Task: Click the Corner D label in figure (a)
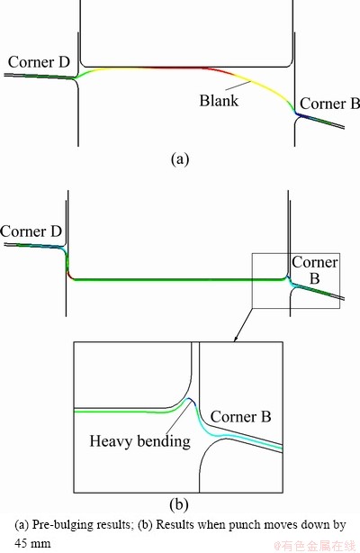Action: (39, 62)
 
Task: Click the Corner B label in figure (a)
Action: (329, 104)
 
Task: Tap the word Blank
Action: (219, 101)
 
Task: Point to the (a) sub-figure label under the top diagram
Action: (180, 159)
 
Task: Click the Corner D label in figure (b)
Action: (31, 231)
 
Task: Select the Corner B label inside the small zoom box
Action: (314, 270)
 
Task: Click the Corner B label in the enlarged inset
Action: (241, 417)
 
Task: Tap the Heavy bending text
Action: (140, 441)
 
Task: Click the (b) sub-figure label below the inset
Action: (179, 505)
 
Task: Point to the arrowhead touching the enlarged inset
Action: (236, 339)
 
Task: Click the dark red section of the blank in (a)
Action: (184, 68)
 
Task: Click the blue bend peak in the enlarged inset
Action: (191, 399)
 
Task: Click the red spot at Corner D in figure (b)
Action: (70, 277)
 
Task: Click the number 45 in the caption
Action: (20, 542)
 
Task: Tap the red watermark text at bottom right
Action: (315, 546)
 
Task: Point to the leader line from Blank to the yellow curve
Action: (236, 85)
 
